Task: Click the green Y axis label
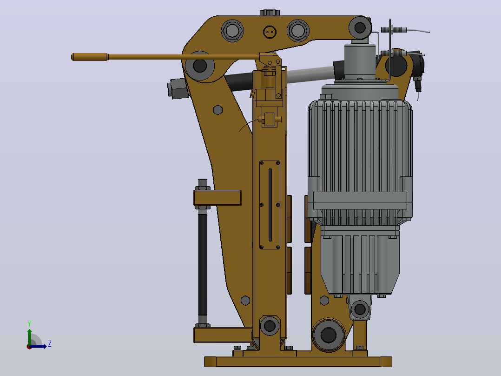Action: [29, 323]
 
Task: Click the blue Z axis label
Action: [50, 344]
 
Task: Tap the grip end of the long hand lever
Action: [90, 57]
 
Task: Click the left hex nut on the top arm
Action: [232, 31]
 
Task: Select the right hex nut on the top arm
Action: [298, 31]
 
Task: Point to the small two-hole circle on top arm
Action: [270, 32]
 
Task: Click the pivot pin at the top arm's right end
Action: [360, 28]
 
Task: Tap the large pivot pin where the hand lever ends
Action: [200, 66]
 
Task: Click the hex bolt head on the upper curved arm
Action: [218, 110]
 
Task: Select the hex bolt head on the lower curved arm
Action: [245, 301]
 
